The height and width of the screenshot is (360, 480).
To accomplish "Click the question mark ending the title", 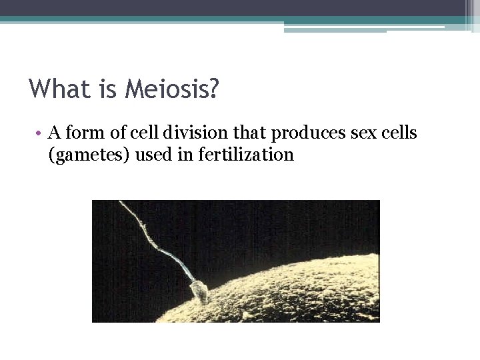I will pos(213,88).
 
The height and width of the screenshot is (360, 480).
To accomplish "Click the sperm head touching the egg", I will pos(199,291).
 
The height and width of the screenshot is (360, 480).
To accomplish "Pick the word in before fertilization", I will pos(191,155).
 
